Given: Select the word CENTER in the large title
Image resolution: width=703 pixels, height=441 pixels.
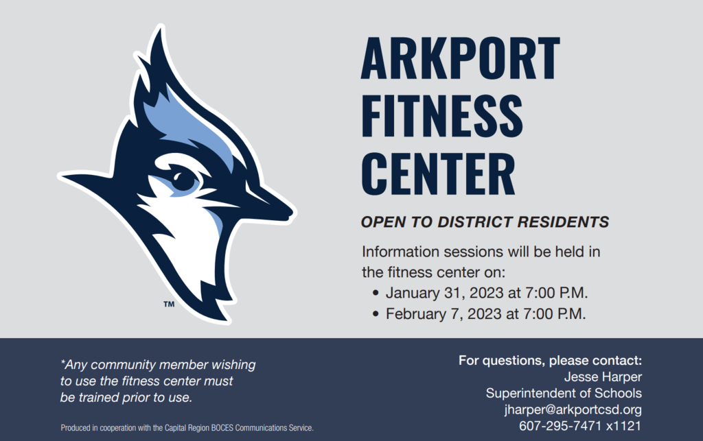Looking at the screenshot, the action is point(439,174).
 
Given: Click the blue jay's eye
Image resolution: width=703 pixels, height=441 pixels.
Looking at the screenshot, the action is point(184,180).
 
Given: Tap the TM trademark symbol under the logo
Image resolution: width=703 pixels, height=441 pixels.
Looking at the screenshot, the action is point(169,305).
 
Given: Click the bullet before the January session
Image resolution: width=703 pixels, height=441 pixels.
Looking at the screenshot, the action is point(376,294).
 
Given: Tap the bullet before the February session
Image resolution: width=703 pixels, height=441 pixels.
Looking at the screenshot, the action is point(376,314).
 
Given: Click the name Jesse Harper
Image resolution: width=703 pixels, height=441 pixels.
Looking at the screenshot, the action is point(603,377).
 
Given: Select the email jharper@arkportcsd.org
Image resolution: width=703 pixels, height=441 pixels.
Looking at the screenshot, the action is point(573,409).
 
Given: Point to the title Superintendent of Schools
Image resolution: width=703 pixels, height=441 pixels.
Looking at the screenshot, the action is point(564,393).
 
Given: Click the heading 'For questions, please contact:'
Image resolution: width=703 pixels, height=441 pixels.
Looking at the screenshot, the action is point(550,360).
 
